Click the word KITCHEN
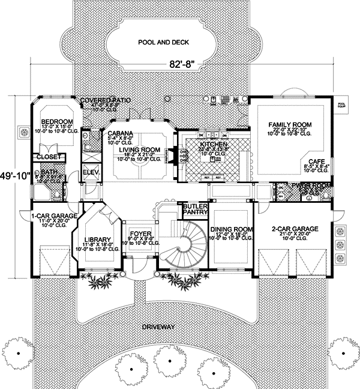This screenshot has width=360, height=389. [213, 145]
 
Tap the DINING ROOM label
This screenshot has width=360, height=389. [230, 229]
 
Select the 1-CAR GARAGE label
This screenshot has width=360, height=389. [37, 214]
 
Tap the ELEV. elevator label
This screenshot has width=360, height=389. [91, 172]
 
